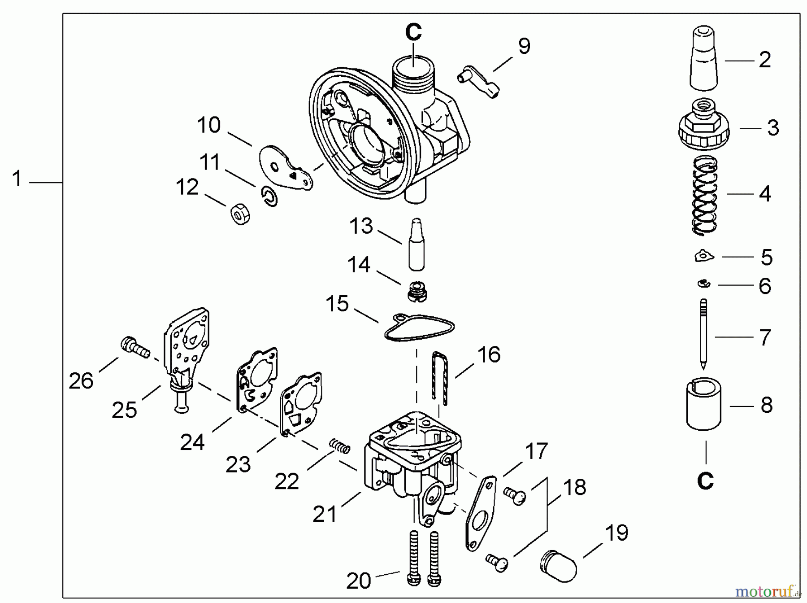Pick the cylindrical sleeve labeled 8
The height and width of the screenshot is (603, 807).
pos(703,404)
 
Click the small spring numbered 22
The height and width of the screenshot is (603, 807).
pos(340,446)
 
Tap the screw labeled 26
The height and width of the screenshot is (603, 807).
pos(134,349)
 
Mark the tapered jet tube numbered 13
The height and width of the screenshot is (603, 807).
pos(417,245)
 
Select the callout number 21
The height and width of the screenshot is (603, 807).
pos(324,514)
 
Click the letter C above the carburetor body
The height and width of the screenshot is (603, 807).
pos(413,32)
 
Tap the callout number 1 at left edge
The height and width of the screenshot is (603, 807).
pos(17,179)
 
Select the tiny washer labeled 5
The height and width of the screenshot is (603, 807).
pos(703,257)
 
